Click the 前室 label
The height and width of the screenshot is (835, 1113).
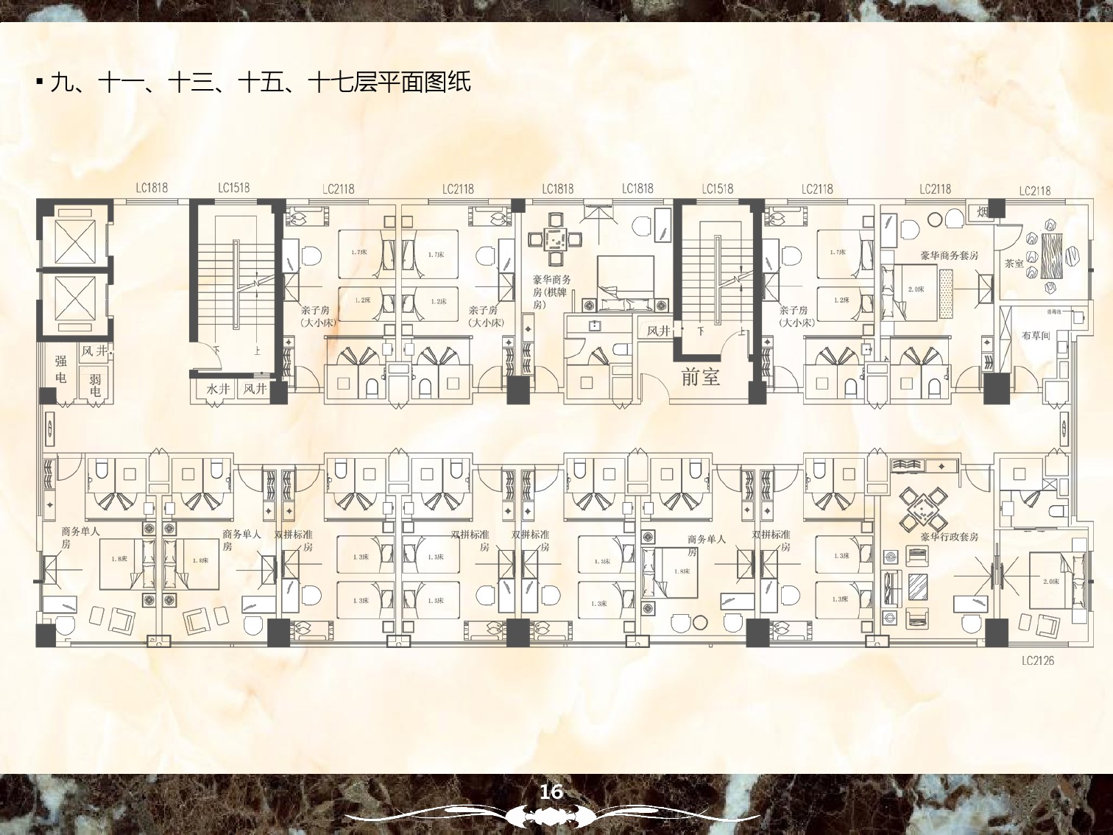(x=700, y=377)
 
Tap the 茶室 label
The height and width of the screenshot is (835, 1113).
(x=1014, y=263)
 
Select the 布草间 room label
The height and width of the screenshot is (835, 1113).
(x=1036, y=336)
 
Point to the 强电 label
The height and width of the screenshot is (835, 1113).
(x=61, y=369)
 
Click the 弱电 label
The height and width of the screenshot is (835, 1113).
(x=95, y=385)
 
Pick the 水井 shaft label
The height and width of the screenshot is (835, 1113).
(x=217, y=389)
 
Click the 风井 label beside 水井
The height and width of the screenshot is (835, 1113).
(x=255, y=389)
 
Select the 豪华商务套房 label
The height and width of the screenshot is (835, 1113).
(x=949, y=256)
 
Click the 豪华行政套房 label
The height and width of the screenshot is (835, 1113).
(x=949, y=537)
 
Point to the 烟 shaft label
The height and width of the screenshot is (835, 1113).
(x=983, y=212)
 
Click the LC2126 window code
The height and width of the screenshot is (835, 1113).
(x=1037, y=660)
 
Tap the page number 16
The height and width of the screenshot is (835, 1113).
(x=551, y=792)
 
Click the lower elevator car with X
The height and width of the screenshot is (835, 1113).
(x=74, y=303)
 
